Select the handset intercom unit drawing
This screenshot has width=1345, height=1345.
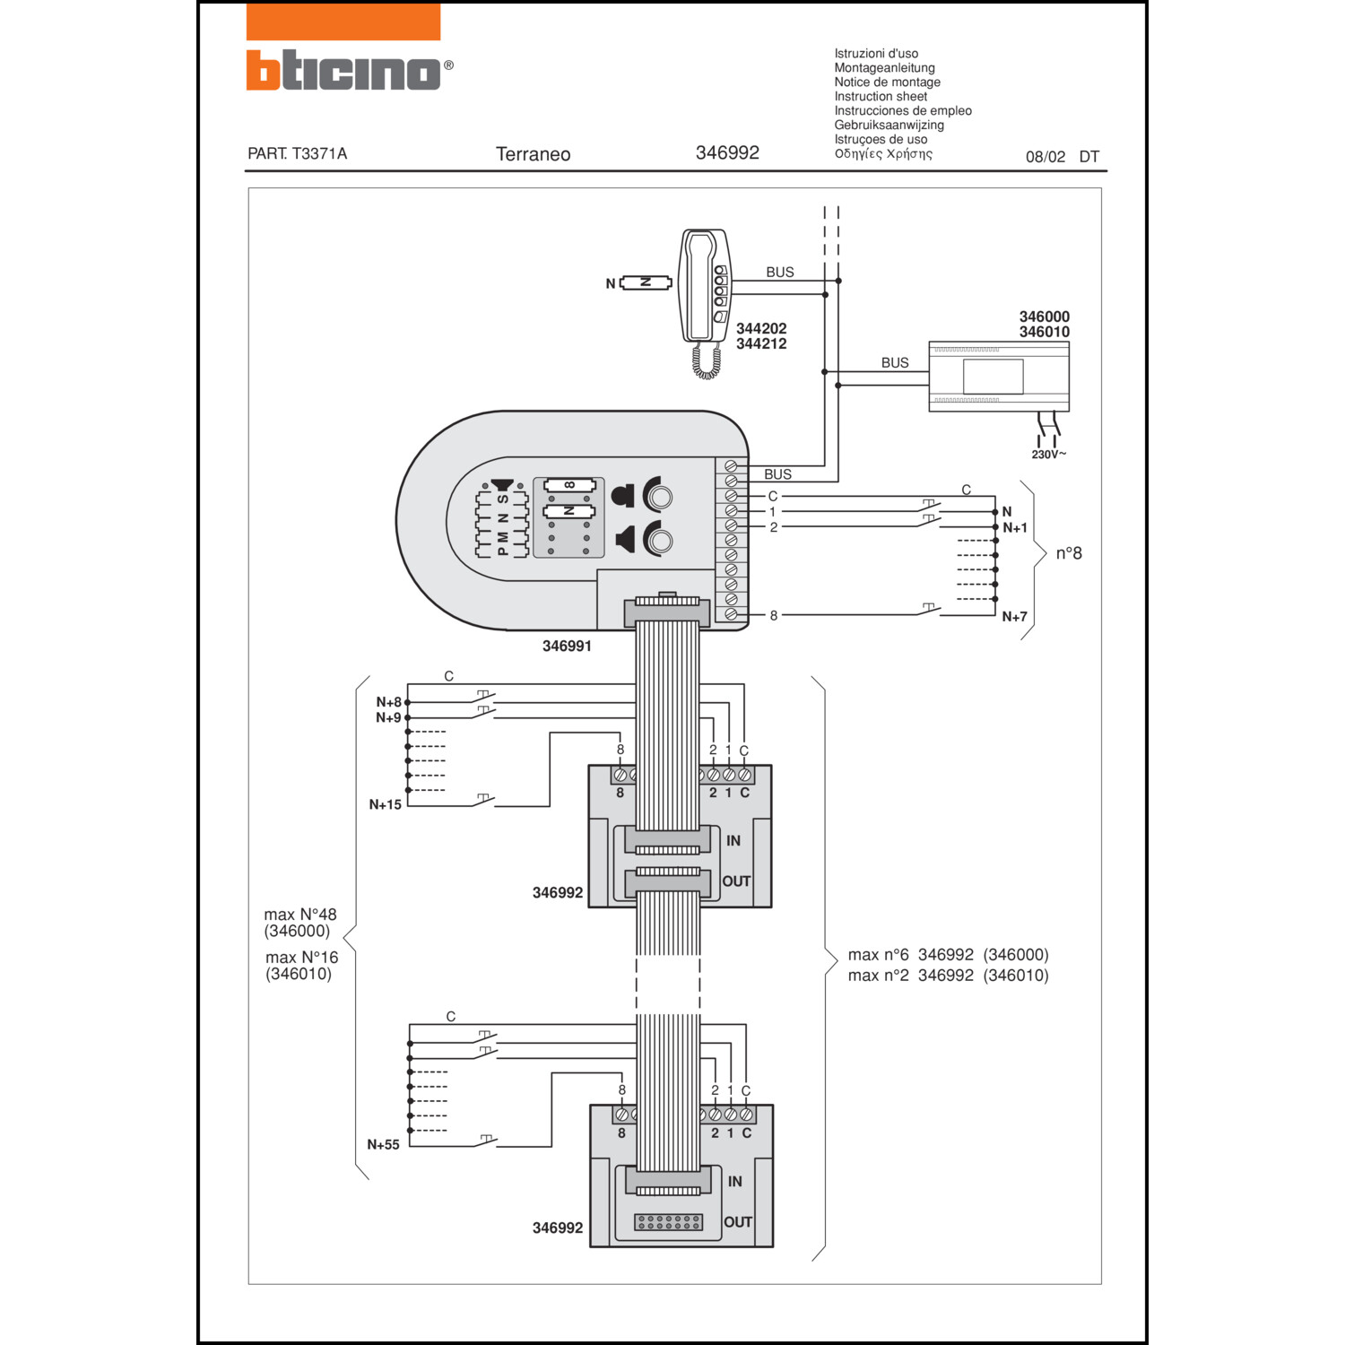tap(706, 287)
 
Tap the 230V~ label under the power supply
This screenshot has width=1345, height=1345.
tap(1048, 455)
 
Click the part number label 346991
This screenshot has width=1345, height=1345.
tap(567, 646)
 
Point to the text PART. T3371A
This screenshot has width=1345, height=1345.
tap(297, 153)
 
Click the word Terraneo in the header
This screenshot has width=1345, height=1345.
tap(533, 154)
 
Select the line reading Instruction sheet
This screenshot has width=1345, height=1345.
tap(881, 96)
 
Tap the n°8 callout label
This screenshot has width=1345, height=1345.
tap(1068, 553)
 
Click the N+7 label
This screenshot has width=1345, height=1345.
tap(1014, 617)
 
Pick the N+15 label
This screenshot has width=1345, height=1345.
tap(385, 805)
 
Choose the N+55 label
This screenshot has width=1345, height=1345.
tap(383, 1145)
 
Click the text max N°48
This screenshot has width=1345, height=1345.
tap(300, 915)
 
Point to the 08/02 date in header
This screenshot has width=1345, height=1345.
tap(1046, 157)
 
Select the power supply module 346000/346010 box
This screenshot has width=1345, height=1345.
tap(999, 377)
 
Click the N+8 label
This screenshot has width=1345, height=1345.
tap(388, 702)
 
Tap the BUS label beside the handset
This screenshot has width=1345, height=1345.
tap(779, 272)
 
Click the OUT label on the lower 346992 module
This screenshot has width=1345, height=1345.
tap(738, 1222)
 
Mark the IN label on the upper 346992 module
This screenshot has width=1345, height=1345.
tap(733, 841)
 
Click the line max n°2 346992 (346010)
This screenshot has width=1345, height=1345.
tap(948, 976)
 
